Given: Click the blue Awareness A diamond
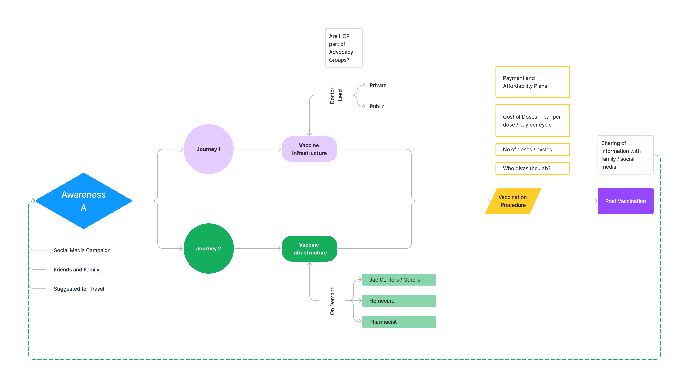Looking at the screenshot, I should pyautogui.click(x=83, y=201).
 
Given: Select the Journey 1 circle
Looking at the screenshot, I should pyautogui.click(x=209, y=149).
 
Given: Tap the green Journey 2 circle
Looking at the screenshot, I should pyautogui.click(x=209, y=248).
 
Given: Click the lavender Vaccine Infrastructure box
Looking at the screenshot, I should pyautogui.click(x=309, y=149).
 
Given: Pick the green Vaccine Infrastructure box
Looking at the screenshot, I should pyautogui.click(x=309, y=248).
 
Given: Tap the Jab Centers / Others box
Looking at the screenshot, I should pyautogui.click(x=399, y=280).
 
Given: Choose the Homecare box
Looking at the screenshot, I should pyautogui.click(x=399, y=301).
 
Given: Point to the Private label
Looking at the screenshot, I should pyautogui.click(x=378, y=85).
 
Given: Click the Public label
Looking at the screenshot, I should pyautogui.click(x=377, y=106).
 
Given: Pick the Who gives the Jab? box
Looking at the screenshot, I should pyautogui.click(x=533, y=168).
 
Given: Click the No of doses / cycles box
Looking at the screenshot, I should pyautogui.click(x=533, y=149).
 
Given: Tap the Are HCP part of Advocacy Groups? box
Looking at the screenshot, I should pyautogui.click(x=344, y=48).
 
